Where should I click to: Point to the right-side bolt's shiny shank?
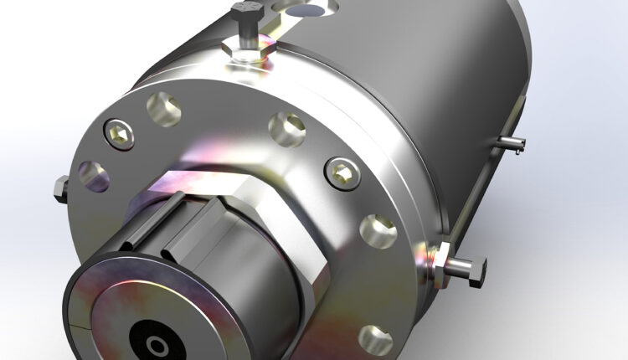coord(458,267)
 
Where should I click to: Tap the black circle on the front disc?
coord(156,343)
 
